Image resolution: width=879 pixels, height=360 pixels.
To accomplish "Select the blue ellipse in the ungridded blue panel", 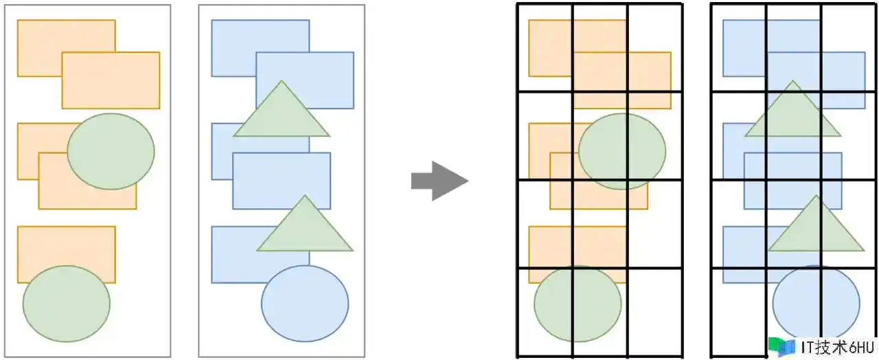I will point(305,302).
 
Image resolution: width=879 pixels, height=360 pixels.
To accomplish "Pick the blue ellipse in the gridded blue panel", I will point(816,302).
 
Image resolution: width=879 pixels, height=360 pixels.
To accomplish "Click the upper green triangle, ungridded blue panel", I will point(282,113).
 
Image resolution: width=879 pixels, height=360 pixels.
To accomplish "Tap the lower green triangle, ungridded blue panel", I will point(305,228).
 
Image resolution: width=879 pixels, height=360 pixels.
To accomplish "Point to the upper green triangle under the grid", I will point(792,113).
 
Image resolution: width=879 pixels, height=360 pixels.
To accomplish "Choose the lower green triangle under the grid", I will point(816,228).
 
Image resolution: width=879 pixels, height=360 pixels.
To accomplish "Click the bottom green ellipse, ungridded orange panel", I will point(67,303).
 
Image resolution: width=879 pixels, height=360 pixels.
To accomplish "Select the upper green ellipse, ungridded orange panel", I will point(111,151).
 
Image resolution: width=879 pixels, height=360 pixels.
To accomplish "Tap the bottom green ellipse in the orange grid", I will point(578,303).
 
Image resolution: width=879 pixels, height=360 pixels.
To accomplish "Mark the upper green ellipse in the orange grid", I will point(622,151).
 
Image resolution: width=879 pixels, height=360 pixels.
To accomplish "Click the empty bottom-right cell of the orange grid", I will point(654,312).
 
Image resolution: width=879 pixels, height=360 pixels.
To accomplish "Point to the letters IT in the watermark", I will point(808,347).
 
